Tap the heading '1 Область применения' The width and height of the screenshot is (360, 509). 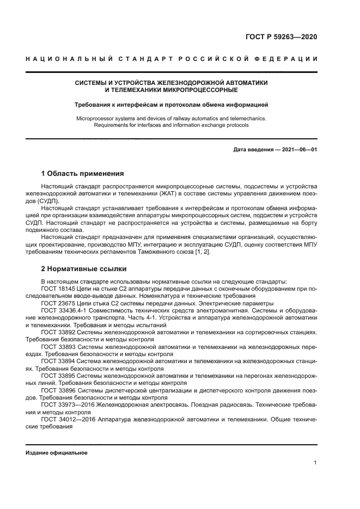tap(82, 174)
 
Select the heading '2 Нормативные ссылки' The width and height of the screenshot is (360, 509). tap(84, 269)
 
